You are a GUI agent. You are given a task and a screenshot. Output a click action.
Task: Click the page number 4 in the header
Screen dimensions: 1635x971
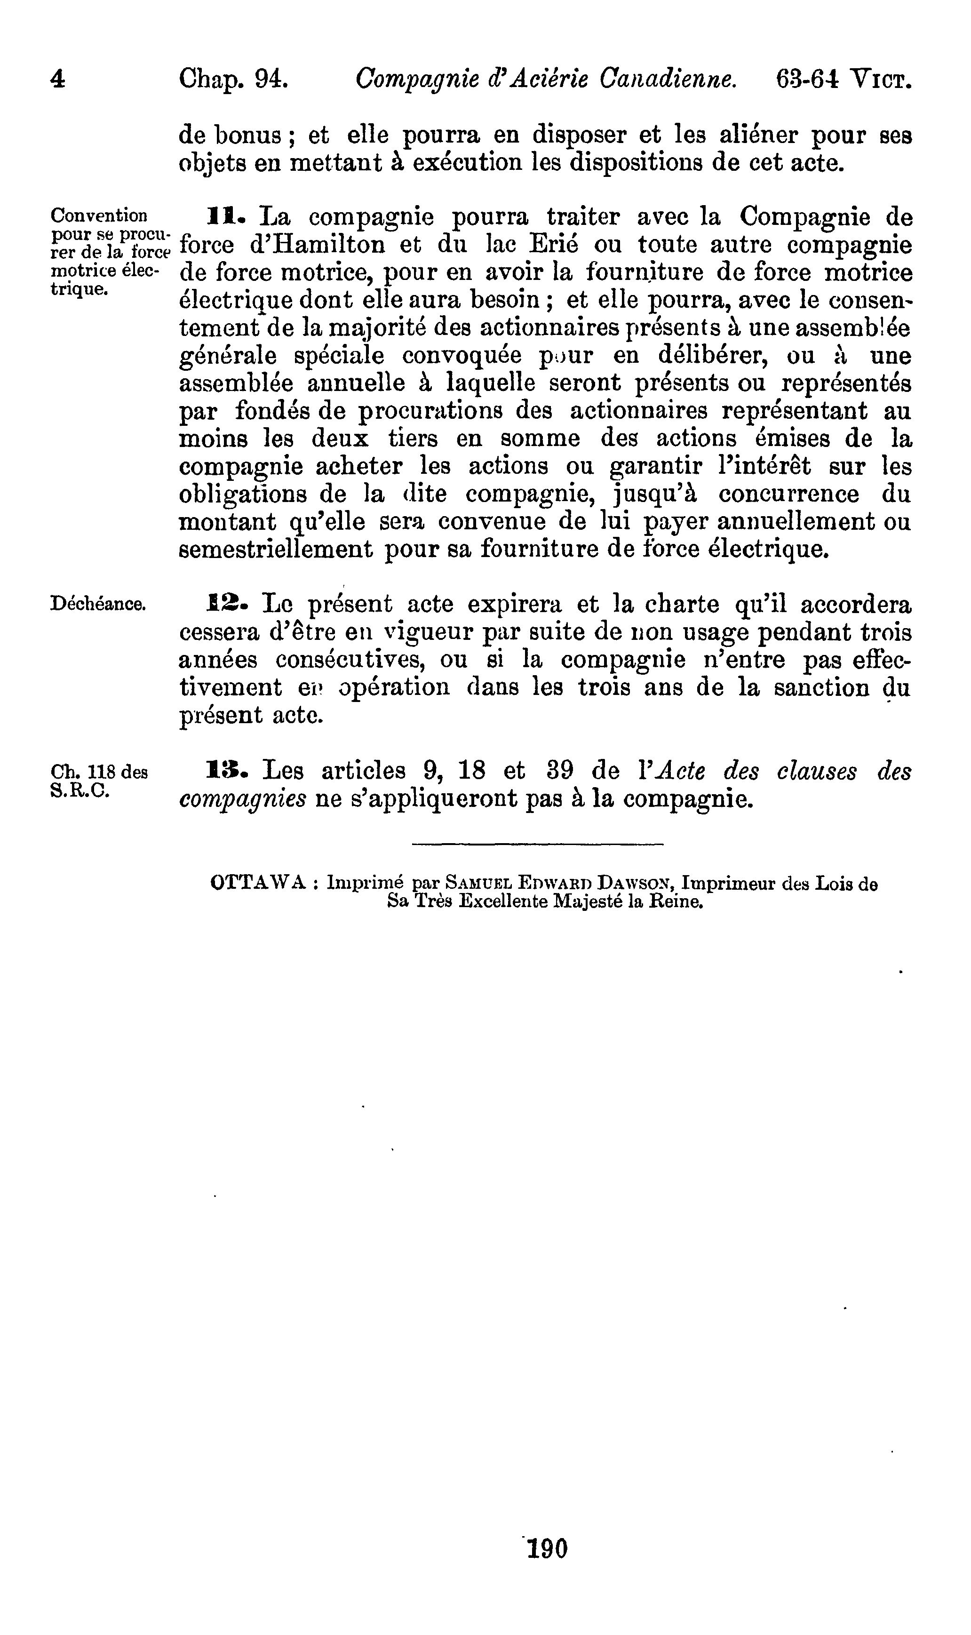pyautogui.click(x=57, y=80)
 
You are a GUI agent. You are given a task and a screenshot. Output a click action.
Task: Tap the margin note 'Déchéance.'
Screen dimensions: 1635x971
pyautogui.click(x=97, y=604)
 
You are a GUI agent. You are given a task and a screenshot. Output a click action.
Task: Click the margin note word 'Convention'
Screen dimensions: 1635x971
pyautogui.click(x=99, y=215)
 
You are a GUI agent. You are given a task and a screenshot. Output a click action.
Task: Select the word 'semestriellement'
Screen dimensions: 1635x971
pyautogui.click(x=276, y=548)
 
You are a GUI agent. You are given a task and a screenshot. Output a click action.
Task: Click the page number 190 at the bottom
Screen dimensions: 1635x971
pyautogui.click(x=547, y=1548)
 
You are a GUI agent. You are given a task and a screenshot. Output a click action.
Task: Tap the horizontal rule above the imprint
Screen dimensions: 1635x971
pyautogui.click(x=537, y=845)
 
